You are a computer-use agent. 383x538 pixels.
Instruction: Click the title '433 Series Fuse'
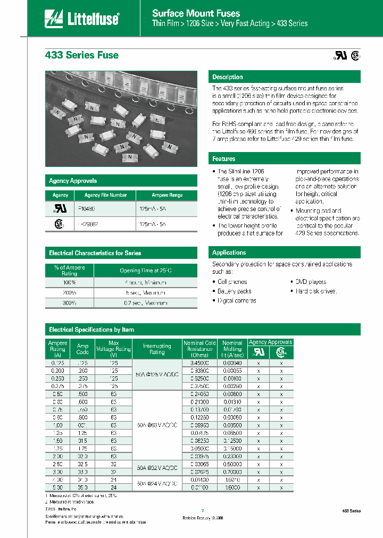pos(81,55)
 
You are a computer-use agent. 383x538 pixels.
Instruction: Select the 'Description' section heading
pos(228,77)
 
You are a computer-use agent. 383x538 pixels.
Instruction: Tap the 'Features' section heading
pos(224,159)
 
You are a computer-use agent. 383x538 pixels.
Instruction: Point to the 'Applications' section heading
pos(229,253)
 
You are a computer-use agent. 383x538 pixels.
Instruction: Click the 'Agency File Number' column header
pos(105,195)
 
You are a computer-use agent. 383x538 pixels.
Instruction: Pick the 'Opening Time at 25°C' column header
pos(145,271)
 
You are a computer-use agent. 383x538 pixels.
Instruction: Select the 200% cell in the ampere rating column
pos(69,293)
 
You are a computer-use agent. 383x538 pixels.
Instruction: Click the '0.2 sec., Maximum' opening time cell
pos(145,303)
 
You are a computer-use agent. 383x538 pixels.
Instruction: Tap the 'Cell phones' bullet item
pos(232,282)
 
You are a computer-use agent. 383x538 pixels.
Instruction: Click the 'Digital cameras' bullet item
pos(237,301)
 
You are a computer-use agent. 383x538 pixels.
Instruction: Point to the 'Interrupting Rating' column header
pos(157,349)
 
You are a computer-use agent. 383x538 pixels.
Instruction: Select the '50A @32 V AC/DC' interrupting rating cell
pos(157,468)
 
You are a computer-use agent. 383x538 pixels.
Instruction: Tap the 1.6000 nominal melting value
pos(232,487)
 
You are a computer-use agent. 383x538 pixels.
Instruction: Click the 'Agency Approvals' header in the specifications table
pos(270,342)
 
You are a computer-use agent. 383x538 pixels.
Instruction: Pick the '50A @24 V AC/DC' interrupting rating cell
pos(157,483)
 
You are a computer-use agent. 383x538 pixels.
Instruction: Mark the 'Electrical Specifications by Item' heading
pos(91,330)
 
